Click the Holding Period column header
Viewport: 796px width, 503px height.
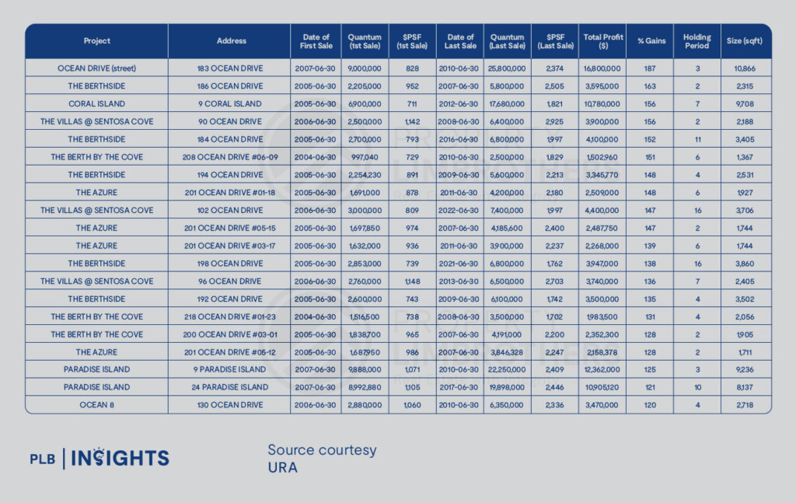tap(697, 41)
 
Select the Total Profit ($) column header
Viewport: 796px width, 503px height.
tap(602, 41)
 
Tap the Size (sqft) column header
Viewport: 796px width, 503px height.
tap(745, 41)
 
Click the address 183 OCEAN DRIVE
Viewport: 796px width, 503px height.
tap(230, 68)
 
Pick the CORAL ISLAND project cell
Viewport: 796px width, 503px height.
tap(96, 104)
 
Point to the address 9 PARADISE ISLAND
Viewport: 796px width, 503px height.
tap(230, 369)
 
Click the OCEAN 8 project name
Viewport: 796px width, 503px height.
tap(96, 405)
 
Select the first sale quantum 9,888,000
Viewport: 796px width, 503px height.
tap(365, 369)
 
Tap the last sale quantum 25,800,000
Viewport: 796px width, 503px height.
tap(508, 68)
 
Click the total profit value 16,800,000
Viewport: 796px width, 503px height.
tap(602, 68)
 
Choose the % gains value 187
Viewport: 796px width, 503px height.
tap(650, 68)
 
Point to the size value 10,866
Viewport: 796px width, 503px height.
tap(745, 68)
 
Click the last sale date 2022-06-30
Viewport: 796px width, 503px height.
tap(460, 210)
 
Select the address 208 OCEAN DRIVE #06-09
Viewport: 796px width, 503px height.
tap(230, 157)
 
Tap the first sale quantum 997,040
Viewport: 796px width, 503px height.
tap(365, 157)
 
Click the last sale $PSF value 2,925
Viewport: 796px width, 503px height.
tap(555, 122)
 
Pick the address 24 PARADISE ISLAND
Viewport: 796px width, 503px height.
tap(230, 387)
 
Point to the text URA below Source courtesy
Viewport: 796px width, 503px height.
tap(283, 467)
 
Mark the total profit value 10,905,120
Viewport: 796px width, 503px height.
tap(602, 387)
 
